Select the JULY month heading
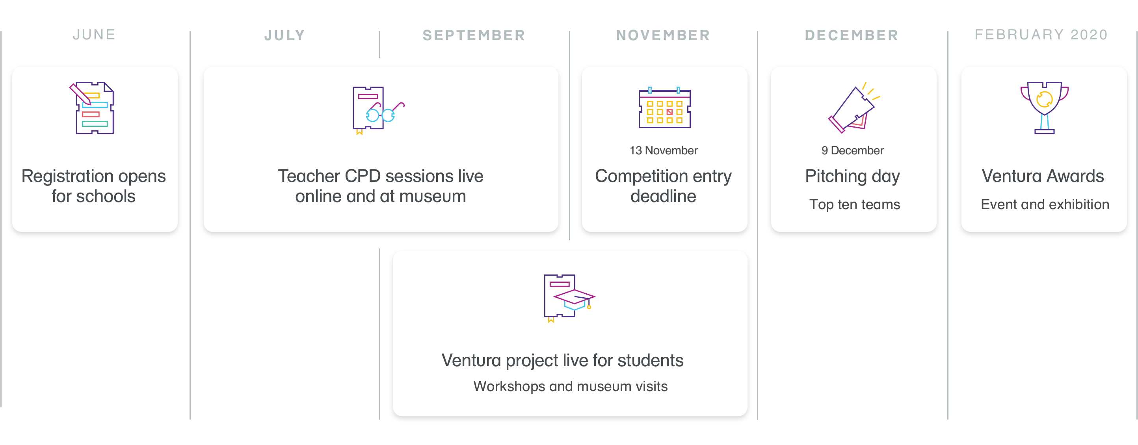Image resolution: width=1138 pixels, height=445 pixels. (x=284, y=35)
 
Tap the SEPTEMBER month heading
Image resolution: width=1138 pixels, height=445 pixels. (x=474, y=35)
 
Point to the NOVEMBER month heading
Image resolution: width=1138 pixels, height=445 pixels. (x=663, y=35)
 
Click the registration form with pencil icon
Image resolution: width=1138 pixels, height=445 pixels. (x=92, y=108)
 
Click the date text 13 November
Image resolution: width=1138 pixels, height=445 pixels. (x=664, y=150)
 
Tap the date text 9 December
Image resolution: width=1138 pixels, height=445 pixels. (x=853, y=150)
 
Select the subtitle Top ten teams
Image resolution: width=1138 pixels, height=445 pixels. (x=854, y=204)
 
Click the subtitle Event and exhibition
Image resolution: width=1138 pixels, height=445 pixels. (x=1045, y=204)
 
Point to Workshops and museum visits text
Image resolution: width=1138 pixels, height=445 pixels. (x=570, y=386)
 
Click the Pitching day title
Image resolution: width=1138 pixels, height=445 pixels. (x=852, y=176)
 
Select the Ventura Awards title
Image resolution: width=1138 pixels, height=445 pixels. (x=1043, y=176)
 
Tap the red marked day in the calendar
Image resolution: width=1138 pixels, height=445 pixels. (x=670, y=112)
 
